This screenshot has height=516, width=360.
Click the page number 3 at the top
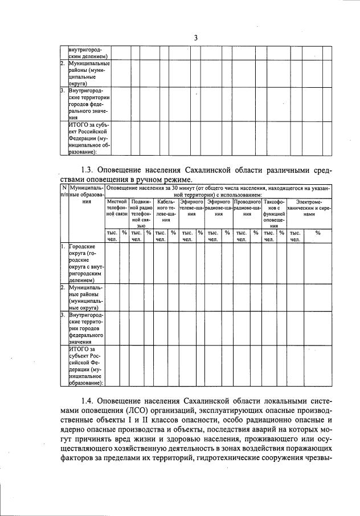tap(195, 38)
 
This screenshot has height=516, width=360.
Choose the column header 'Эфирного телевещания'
tap(191, 206)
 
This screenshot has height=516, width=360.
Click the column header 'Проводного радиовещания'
tap(247, 206)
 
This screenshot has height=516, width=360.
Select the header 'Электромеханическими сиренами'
tap(309, 206)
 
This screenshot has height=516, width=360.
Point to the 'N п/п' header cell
tap(64, 191)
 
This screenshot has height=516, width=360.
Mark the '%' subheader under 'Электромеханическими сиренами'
tap(317, 233)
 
